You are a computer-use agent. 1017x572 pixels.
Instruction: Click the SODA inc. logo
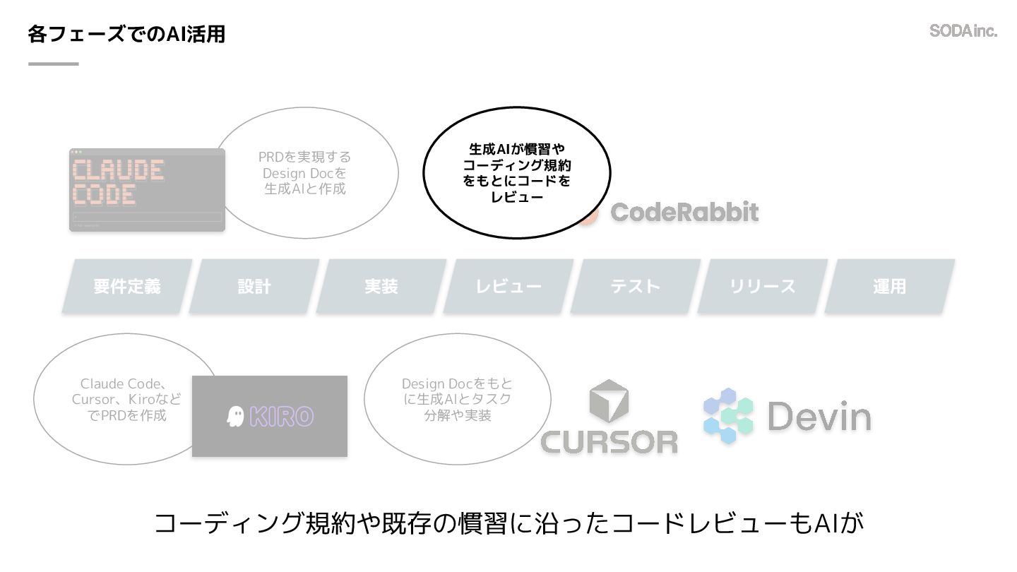963,30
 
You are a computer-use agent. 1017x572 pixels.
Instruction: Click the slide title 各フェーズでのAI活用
126,33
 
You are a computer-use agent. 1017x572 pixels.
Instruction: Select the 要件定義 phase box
127,286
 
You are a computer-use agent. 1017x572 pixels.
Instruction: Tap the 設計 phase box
254,286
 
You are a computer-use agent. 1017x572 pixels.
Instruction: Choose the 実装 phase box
381,286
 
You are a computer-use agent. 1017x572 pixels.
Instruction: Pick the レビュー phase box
509,286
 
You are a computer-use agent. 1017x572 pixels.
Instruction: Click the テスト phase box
636,286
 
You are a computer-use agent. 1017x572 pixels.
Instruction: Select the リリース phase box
763,286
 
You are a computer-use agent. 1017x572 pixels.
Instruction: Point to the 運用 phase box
890,286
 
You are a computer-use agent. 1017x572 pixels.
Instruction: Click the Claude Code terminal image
147,189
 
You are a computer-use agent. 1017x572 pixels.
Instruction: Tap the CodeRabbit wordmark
684,212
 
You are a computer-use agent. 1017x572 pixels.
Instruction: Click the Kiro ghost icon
235,417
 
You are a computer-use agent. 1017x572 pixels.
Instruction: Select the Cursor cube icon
608,402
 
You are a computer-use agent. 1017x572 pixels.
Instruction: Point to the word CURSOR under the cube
609,441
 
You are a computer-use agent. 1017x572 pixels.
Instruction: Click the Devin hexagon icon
728,416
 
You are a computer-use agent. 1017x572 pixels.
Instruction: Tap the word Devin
819,417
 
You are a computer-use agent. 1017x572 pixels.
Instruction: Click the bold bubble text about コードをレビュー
517,173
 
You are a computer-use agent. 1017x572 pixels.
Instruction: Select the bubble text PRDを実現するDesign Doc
304,173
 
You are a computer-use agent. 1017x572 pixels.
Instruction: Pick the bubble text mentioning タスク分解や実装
458,399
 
